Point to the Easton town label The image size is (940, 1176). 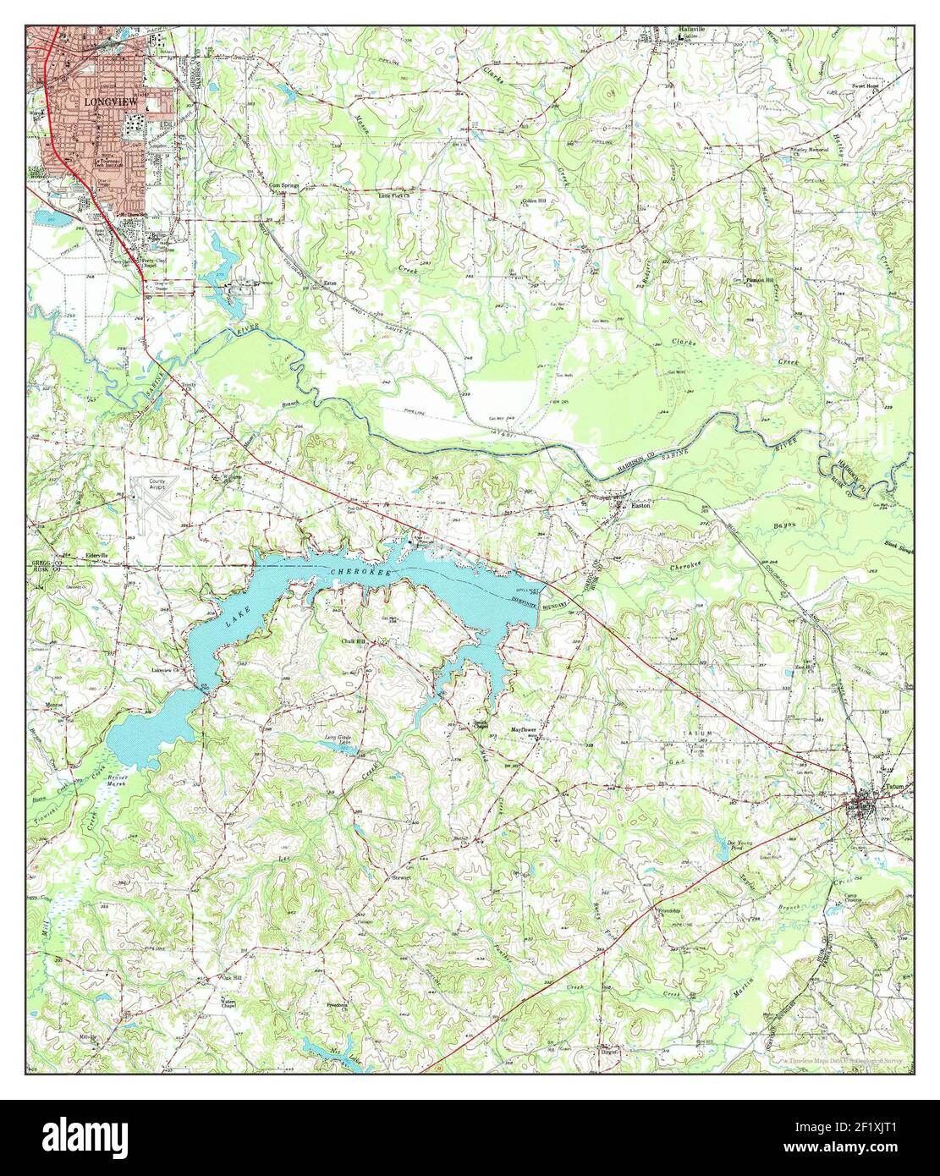click(x=641, y=506)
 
